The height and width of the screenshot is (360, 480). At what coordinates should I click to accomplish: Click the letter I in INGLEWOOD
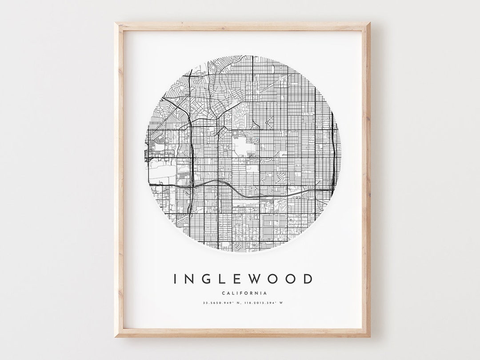[176, 279]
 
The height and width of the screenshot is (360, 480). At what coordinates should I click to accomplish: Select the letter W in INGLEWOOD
[258, 279]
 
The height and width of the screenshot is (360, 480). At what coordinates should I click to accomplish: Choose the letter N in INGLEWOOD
[191, 279]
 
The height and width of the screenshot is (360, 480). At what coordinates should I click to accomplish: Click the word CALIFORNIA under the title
[242, 293]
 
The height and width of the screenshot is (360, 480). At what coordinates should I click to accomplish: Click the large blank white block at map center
[242, 147]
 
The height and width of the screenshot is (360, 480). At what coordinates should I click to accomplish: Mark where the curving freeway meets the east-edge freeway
[332, 190]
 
